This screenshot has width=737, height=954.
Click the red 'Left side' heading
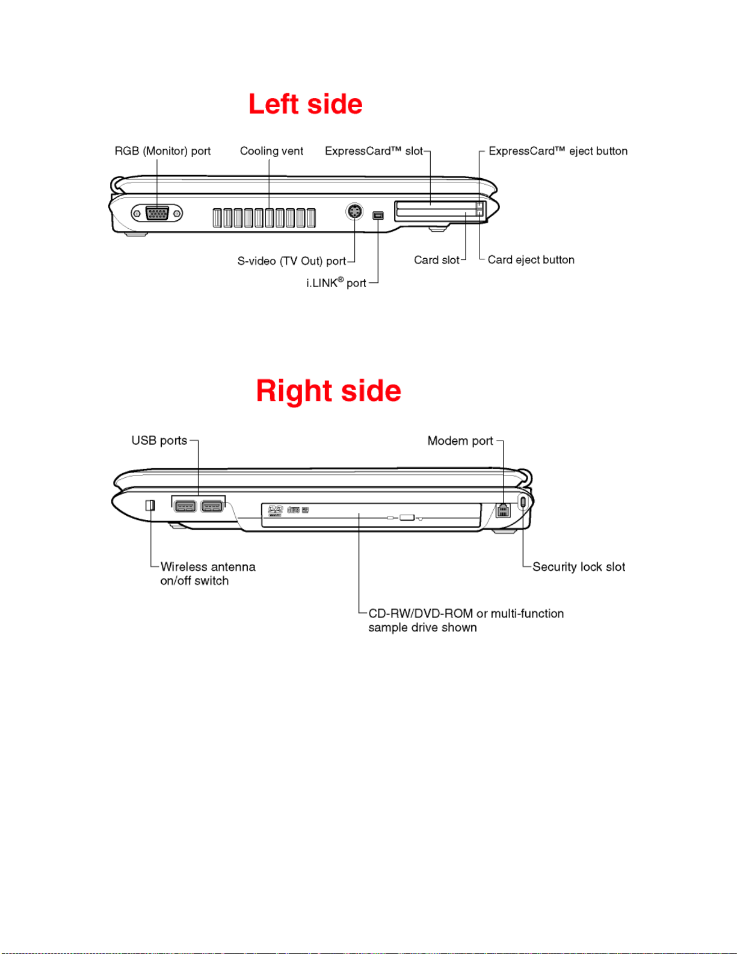pos(306,105)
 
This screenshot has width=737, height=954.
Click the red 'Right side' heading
pos(328,391)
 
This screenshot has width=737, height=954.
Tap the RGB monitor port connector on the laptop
pos(157,213)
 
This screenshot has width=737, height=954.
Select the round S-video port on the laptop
pos(354,212)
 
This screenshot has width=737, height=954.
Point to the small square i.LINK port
pos(378,215)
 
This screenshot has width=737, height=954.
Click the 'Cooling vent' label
pos(271,151)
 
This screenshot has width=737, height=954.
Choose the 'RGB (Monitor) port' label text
pos(163,151)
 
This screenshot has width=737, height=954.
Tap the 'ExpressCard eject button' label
pos(558,151)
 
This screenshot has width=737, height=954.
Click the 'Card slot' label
pos(437,260)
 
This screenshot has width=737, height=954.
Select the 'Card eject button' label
pos(531,260)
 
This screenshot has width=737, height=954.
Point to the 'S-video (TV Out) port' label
pos(292,261)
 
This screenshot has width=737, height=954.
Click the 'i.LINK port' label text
pos(336,283)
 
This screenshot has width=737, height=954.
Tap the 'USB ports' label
pos(159,441)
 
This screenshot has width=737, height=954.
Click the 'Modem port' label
pos(460,441)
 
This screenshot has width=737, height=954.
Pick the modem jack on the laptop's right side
pos(503,510)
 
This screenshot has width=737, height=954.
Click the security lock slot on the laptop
pos(522,501)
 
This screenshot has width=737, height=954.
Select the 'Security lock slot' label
pos(579,567)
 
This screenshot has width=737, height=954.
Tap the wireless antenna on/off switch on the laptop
pos(150,505)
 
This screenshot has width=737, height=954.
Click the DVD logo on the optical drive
pos(276,510)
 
